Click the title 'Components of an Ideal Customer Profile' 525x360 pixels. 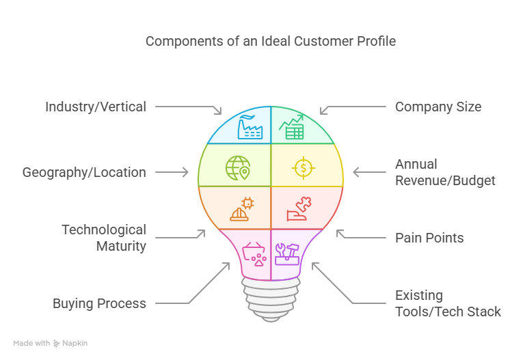pos(270,42)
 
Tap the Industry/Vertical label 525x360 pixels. pos(95,107)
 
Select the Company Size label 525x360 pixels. pos(438,107)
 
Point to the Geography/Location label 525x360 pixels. pos(84,172)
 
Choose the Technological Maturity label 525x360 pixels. pos(104,238)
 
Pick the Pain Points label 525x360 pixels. pos(429,238)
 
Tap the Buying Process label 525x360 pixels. pos(99,303)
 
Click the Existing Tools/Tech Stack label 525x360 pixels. pos(448,303)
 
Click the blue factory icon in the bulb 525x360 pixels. pos(249,127)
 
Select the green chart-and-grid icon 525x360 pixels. pos(292,127)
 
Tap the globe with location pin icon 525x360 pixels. pos(238,167)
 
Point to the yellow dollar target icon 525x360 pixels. pos(304,167)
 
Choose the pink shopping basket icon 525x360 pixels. pos(254,253)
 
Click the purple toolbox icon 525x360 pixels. pos(288,253)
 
